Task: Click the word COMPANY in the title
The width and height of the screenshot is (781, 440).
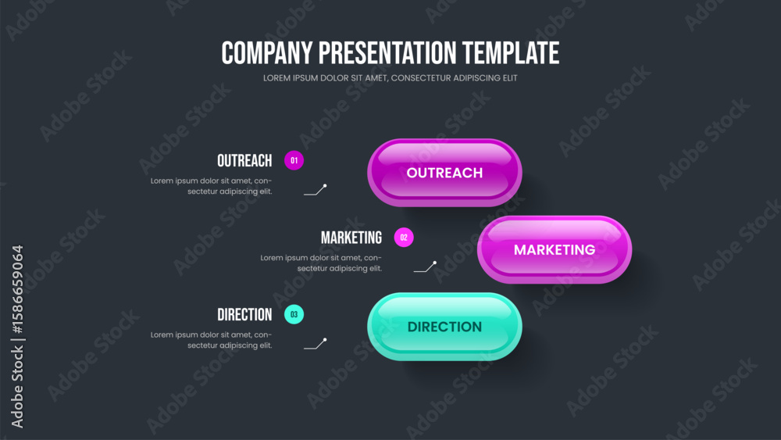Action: point(267,53)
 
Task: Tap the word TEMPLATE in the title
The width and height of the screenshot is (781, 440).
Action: point(511,53)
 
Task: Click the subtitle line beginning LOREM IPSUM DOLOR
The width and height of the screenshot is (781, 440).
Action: point(390,78)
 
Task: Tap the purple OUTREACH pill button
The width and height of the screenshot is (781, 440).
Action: point(444,173)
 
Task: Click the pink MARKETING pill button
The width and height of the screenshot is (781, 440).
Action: point(555,249)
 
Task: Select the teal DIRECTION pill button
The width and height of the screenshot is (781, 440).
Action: point(444,327)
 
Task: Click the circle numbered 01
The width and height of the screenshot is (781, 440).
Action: point(294,160)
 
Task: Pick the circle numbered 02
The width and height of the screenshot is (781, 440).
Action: point(404,238)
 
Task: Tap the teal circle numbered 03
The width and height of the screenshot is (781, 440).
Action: point(294,314)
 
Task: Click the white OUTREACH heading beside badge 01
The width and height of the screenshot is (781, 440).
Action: point(244,161)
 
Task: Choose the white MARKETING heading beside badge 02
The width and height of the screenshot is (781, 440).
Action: point(351,238)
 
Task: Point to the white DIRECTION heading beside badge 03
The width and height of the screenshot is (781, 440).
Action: point(244,315)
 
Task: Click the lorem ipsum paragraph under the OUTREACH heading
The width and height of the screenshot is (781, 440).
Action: point(211,186)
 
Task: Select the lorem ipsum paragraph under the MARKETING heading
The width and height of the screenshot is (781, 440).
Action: point(321,263)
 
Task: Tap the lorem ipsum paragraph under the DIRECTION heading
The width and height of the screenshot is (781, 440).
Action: point(211,340)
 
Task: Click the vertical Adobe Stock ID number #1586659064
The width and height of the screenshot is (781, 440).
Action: point(17,289)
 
